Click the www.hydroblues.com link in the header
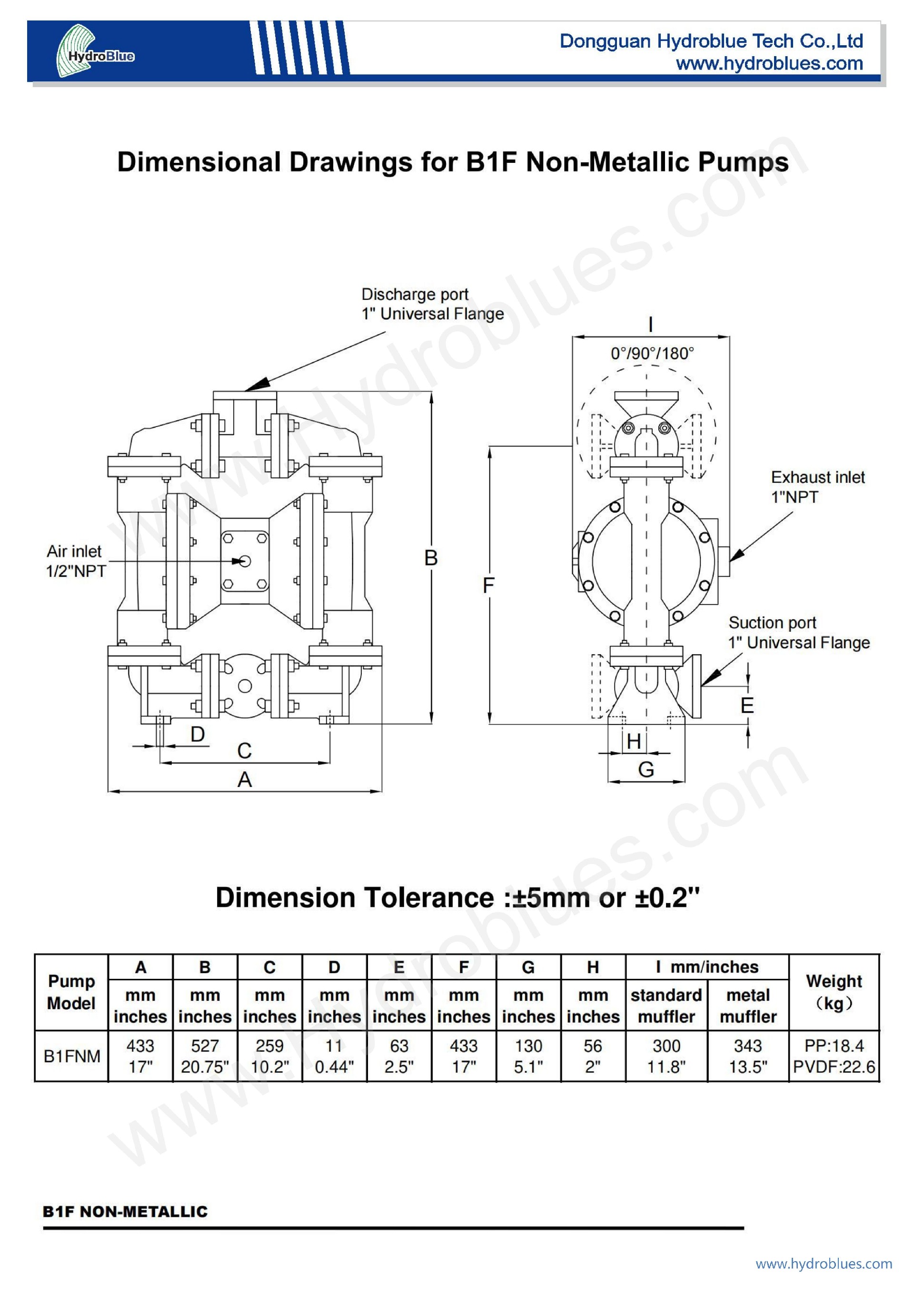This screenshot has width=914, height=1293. [769, 63]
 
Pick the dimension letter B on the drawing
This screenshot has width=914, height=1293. [431, 557]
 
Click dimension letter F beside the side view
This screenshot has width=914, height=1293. [488, 586]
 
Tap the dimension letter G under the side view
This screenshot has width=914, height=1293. [646, 769]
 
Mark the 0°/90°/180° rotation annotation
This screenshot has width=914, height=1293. [652, 354]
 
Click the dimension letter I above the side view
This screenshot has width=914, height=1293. [650, 325]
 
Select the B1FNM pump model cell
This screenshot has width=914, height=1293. [71, 1056]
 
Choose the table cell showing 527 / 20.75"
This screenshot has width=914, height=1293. [205, 1056]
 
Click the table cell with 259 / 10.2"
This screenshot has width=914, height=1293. [270, 1056]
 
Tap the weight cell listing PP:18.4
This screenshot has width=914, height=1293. [834, 1056]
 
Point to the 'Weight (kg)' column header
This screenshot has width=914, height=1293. [834, 992]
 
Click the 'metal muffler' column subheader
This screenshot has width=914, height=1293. [748, 1006]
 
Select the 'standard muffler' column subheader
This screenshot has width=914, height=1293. [666, 1006]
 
